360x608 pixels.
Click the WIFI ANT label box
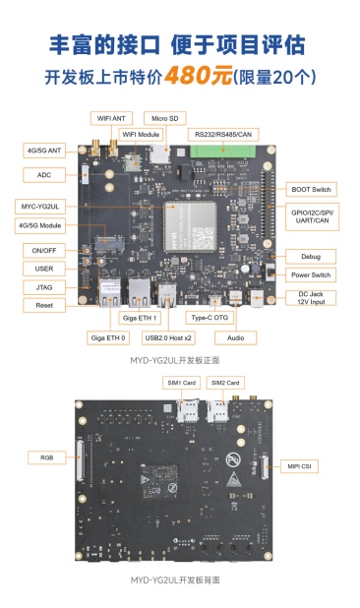click(x=111, y=118)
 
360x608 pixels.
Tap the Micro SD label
click(x=164, y=118)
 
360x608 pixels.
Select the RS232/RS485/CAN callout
click(x=223, y=135)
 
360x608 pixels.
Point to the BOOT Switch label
click(x=311, y=189)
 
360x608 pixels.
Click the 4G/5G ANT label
click(x=44, y=151)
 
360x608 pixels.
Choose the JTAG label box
click(x=44, y=287)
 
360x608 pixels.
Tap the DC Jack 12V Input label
click(x=311, y=298)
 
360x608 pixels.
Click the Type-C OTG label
click(x=210, y=318)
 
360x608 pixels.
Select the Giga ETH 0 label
click(x=108, y=337)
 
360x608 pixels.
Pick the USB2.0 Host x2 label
click(x=168, y=337)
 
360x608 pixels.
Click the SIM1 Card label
click(x=182, y=383)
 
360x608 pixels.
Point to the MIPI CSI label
click(x=299, y=466)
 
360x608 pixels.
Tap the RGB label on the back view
click(x=47, y=457)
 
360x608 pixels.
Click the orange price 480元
click(x=198, y=75)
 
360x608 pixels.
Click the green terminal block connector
click(x=223, y=152)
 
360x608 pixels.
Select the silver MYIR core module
click(x=190, y=226)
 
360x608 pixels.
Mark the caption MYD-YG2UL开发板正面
click(x=175, y=360)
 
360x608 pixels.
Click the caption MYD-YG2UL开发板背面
click(x=175, y=580)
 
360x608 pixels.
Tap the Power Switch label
click(x=311, y=274)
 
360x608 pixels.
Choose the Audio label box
click(x=236, y=337)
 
